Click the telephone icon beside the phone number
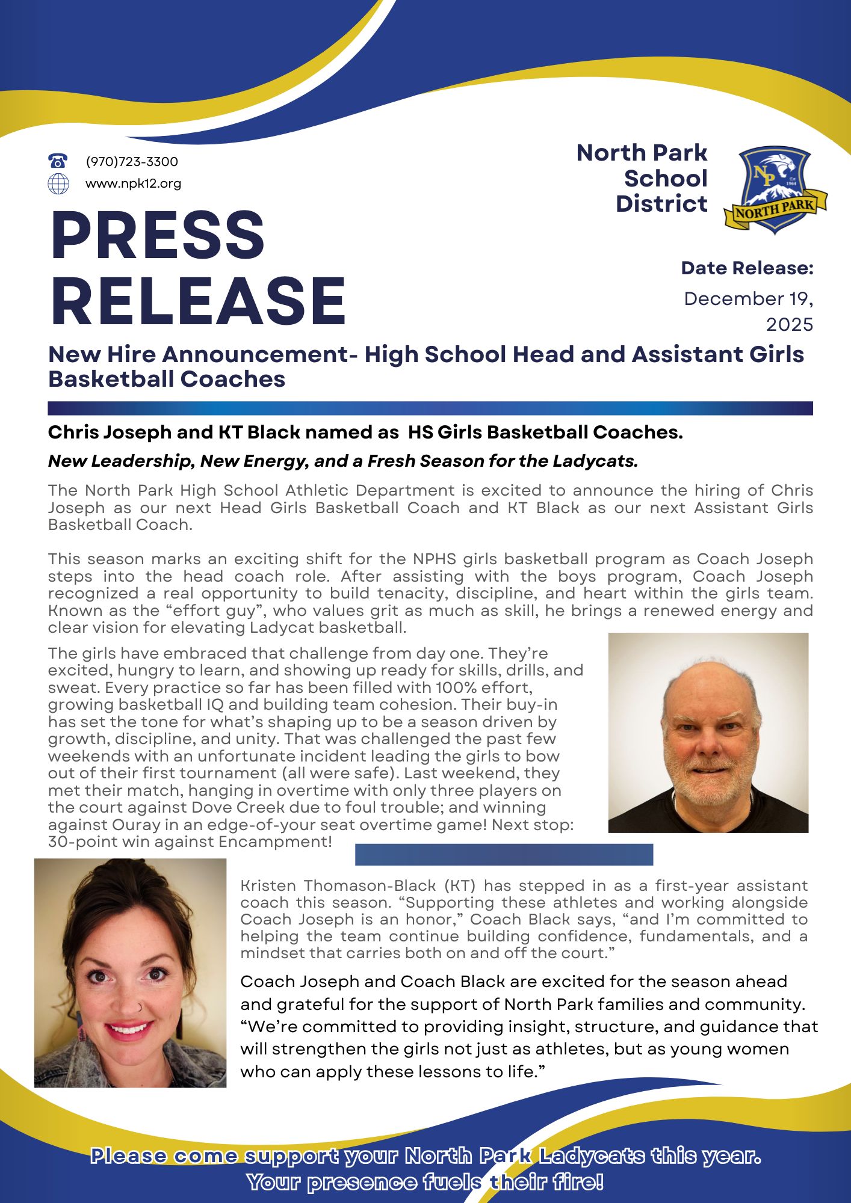[x=58, y=161]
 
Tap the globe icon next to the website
[x=58, y=183]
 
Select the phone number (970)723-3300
[x=132, y=162]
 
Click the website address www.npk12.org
[x=133, y=183]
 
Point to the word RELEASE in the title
[x=198, y=301]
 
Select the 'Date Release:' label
[x=747, y=268]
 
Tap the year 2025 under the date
[x=789, y=325]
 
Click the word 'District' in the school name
[x=661, y=204]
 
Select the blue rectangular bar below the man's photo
[x=504, y=854]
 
